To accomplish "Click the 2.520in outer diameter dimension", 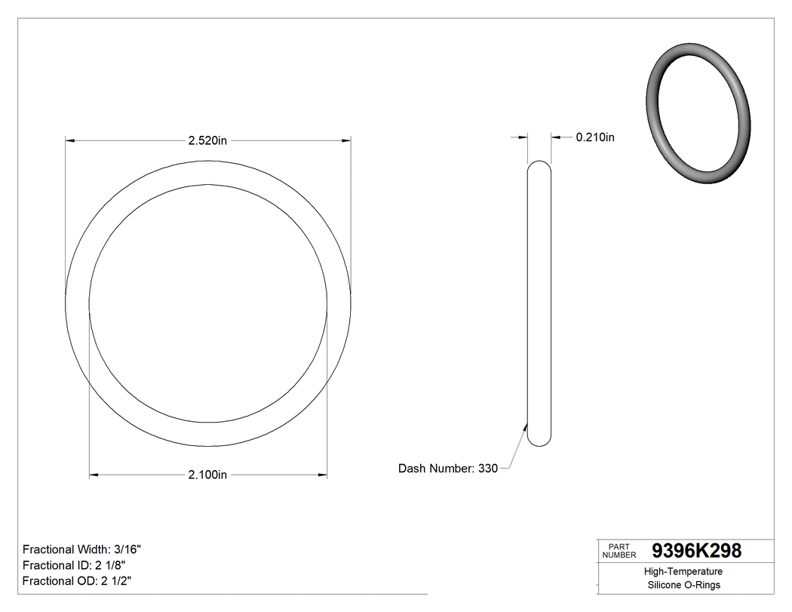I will point(208,140).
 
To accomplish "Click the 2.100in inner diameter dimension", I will point(207,475).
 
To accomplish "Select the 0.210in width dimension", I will point(595,137).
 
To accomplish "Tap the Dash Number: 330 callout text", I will point(447,469).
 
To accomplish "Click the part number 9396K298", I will point(696,551).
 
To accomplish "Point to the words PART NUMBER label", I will point(619,551).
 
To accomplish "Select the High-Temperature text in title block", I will point(683,572).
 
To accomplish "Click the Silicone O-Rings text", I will point(683,586).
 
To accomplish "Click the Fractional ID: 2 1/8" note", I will point(74,565).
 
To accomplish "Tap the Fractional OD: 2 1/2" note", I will point(78,580).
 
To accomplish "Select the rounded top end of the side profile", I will point(539,165).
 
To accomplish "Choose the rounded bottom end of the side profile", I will point(539,441).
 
